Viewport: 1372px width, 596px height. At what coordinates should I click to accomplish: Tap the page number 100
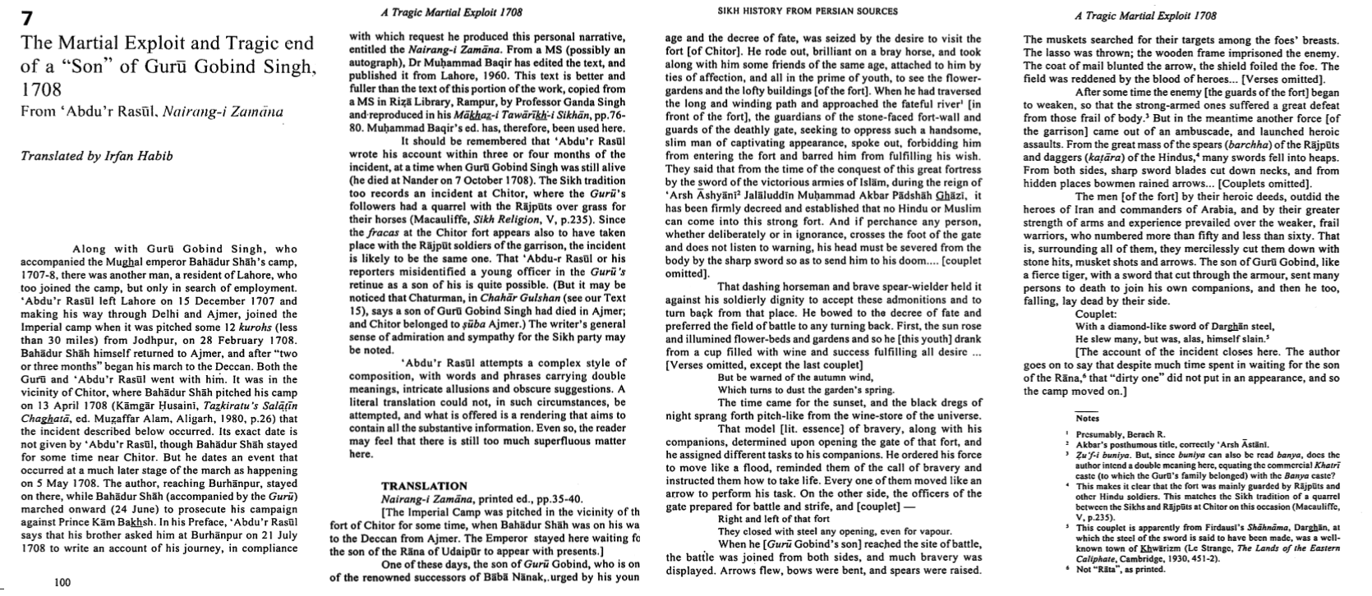[62, 582]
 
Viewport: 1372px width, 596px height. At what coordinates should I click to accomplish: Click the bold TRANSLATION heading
[424, 486]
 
